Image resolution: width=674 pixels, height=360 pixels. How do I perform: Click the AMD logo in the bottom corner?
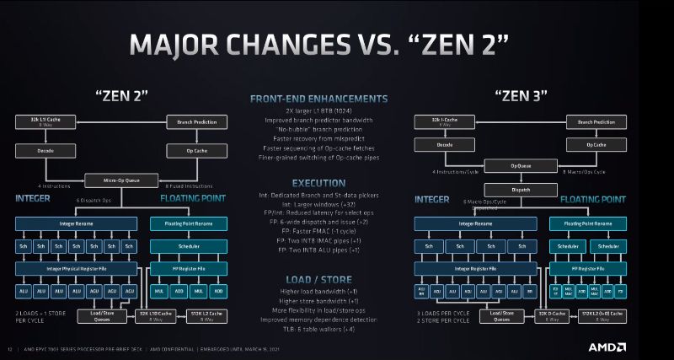607,347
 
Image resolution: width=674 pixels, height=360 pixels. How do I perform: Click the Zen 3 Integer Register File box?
477,268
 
